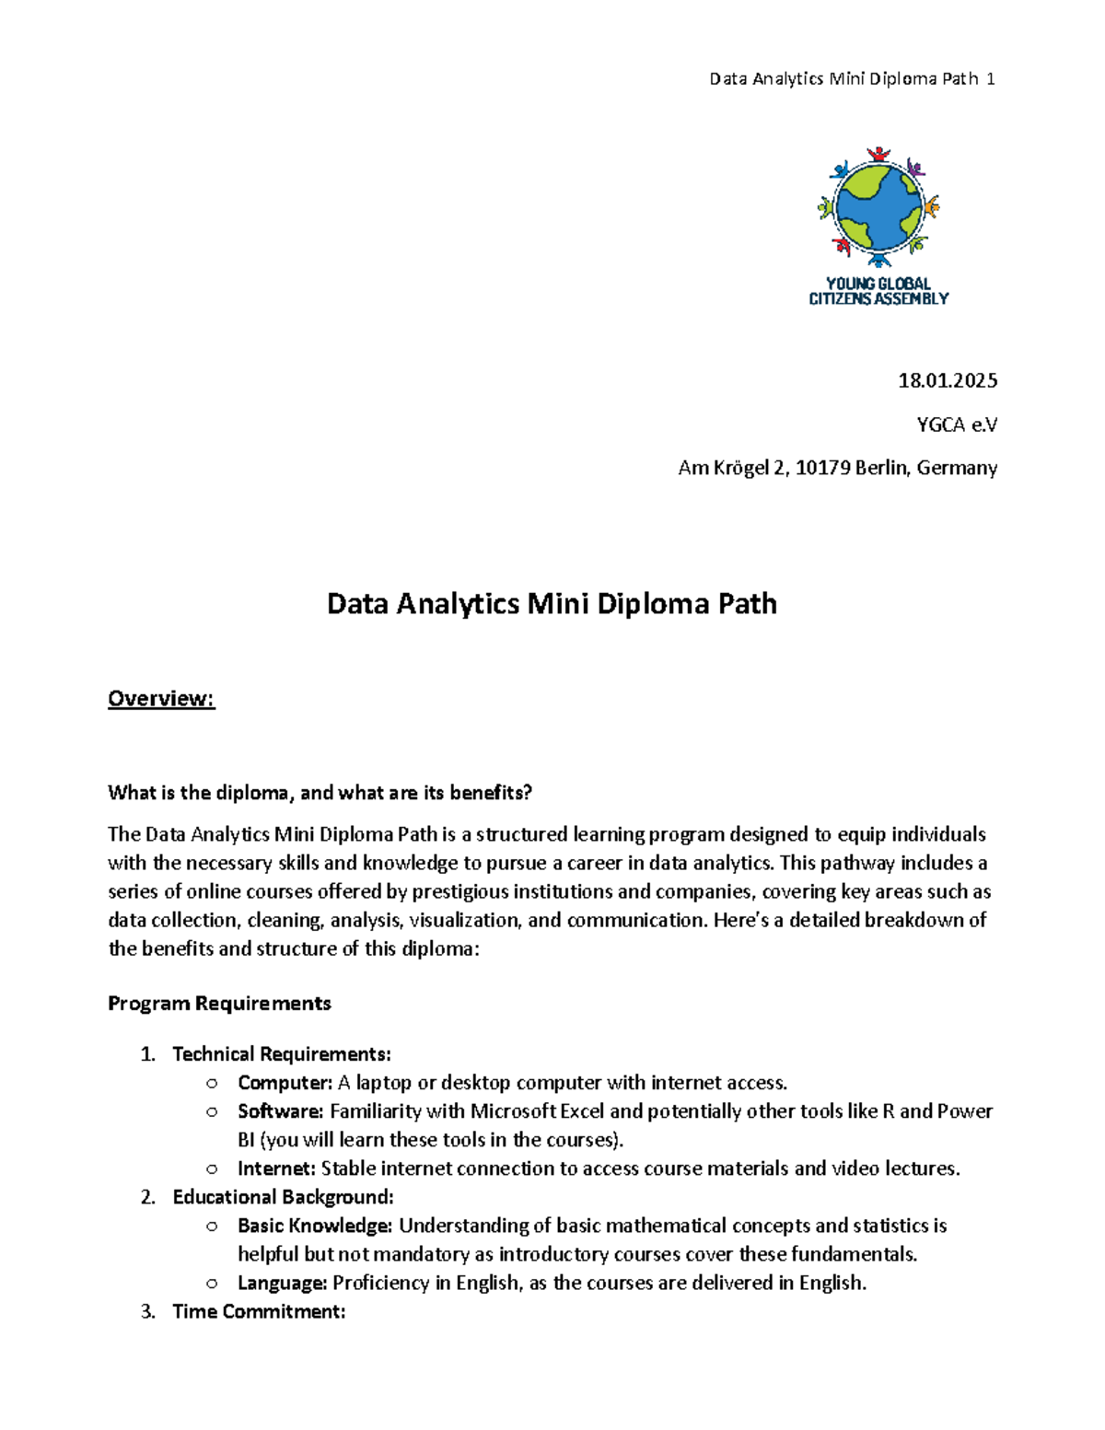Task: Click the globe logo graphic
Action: tap(878, 206)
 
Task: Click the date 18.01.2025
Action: tap(948, 380)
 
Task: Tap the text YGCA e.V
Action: tap(956, 424)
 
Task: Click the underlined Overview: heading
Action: tap(161, 699)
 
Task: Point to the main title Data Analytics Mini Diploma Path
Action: tap(552, 604)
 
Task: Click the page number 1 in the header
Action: tap(990, 79)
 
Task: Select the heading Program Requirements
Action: tap(219, 1004)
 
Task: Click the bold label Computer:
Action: tap(285, 1083)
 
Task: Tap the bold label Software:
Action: tap(280, 1111)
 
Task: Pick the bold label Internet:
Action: tap(276, 1168)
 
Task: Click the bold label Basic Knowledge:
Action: tap(315, 1226)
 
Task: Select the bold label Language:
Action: tap(282, 1283)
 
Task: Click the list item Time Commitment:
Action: tap(259, 1311)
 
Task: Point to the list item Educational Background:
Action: tap(283, 1197)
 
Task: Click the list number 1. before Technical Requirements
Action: tap(147, 1054)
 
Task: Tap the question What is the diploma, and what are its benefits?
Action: tap(320, 793)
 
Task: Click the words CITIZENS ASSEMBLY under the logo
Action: tap(878, 299)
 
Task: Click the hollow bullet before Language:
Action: tap(213, 1284)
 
